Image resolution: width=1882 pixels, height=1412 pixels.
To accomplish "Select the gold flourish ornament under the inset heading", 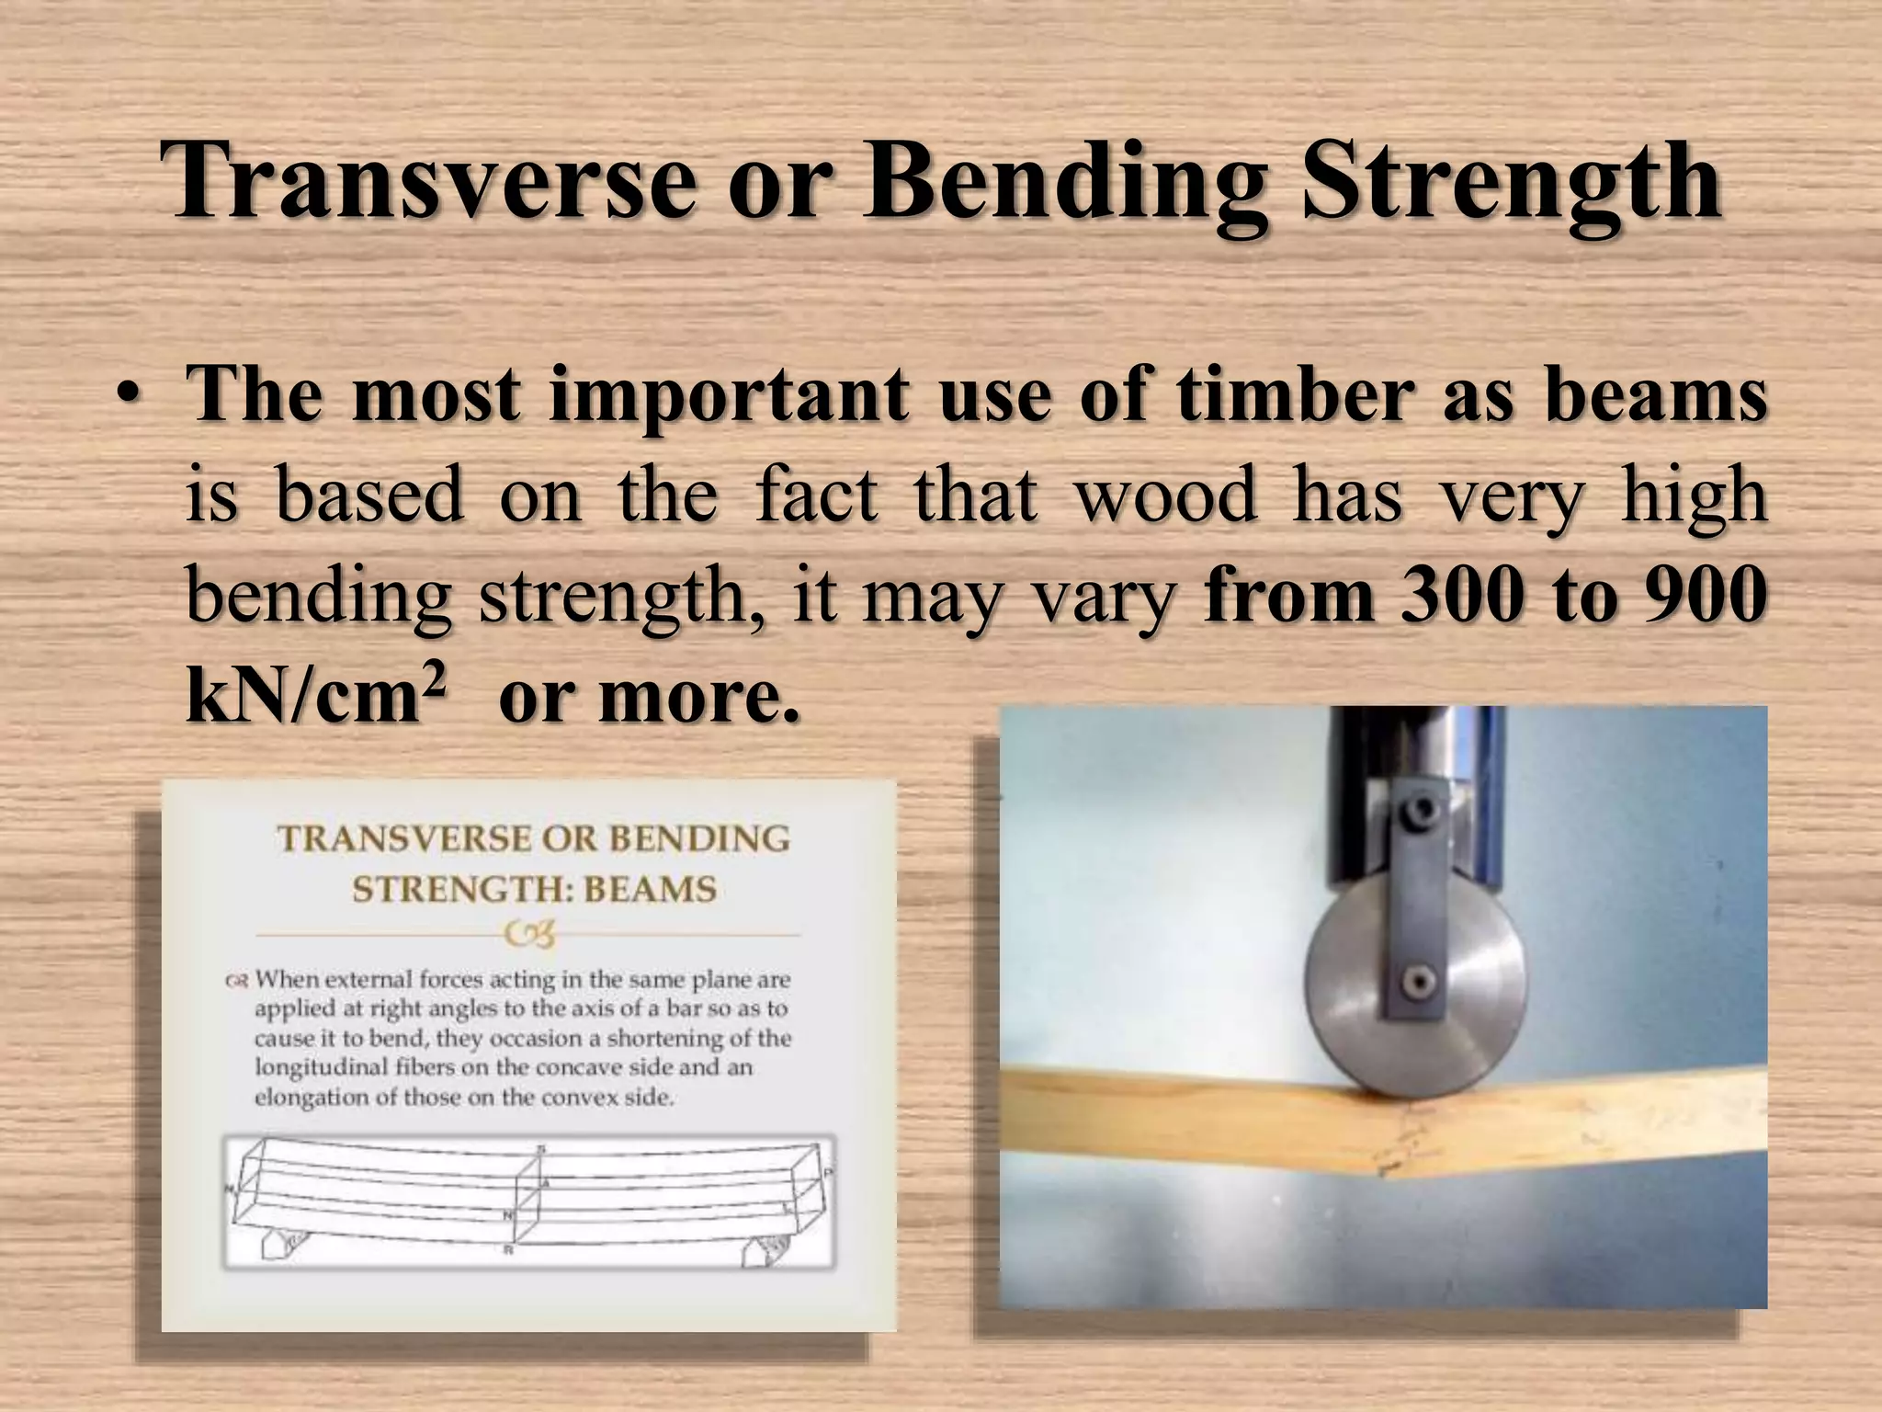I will (531, 936).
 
